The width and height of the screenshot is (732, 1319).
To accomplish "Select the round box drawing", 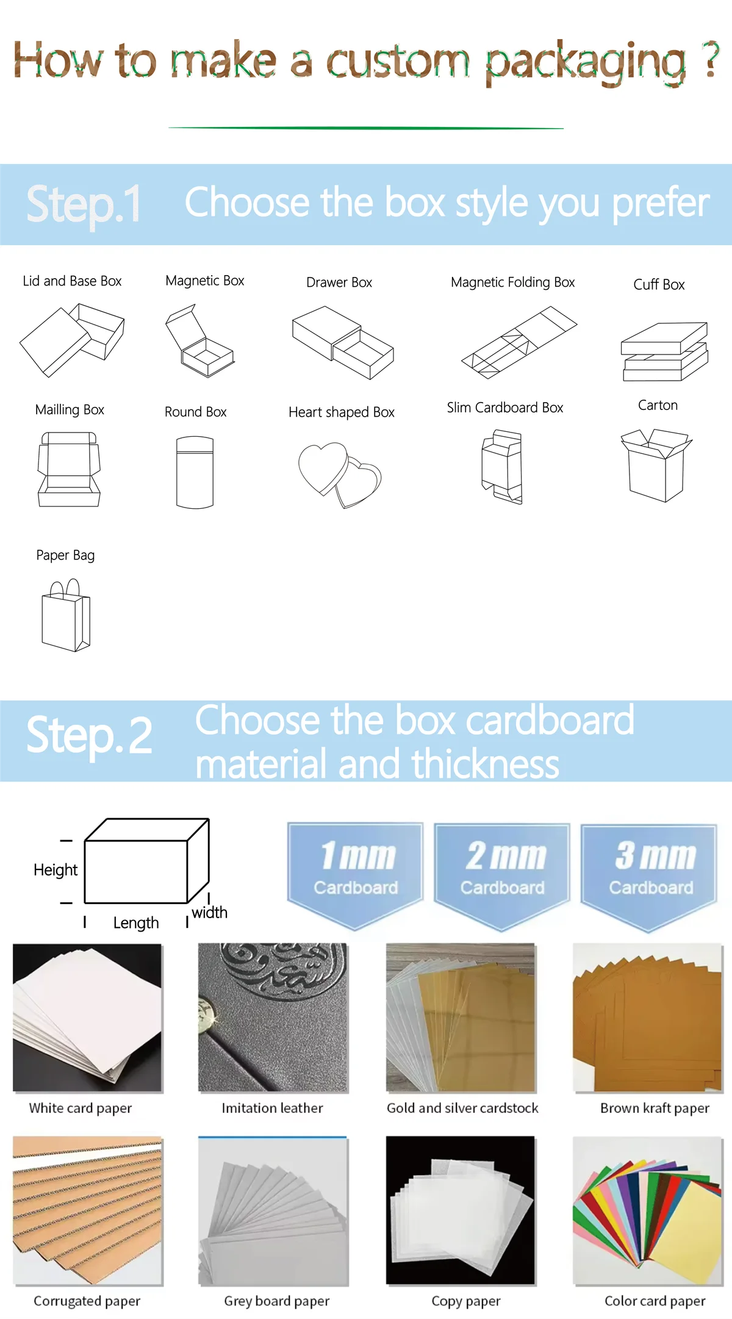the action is pyautogui.click(x=195, y=472).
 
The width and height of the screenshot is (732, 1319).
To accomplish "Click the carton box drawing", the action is pyautogui.click(x=656, y=465).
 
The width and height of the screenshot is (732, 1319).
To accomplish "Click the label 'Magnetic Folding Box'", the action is pyautogui.click(x=513, y=282).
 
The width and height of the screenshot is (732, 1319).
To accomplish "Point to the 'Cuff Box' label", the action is pyautogui.click(x=659, y=284).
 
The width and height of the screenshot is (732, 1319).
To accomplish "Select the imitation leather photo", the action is pyautogui.click(x=273, y=1018).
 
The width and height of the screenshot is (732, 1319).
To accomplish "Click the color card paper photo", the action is pyautogui.click(x=648, y=1210).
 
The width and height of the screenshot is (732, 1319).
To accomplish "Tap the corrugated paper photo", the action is pyautogui.click(x=87, y=1210).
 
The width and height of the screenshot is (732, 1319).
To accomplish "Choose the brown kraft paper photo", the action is pyautogui.click(x=648, y=1018).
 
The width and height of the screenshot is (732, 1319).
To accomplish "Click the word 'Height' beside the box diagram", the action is pyautogui.click(x=56, y=870).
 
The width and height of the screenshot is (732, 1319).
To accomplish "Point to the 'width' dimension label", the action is pyautogui.click(x=209, y=913).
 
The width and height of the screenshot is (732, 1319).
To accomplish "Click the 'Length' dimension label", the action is pyautogui.click(x=136, y=923).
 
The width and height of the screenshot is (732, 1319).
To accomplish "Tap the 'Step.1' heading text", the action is pyautogui.click(x=84, y=204).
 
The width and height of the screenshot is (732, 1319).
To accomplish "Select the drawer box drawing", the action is pyautogui.click(x=343, y=342).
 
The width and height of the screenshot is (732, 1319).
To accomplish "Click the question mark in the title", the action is pyautogui.click(x=709, y=59).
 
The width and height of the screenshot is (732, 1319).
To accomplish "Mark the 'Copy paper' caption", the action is pyautogui.click(x=466, y=1301).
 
